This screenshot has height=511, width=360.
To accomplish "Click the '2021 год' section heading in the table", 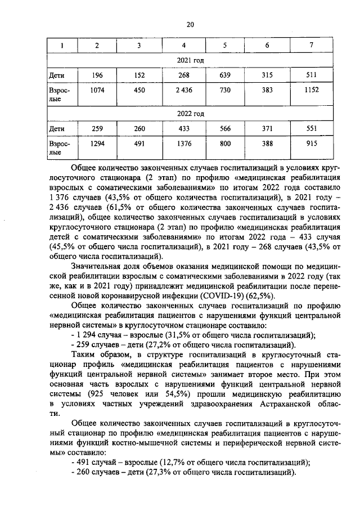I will click(x=190, y=60).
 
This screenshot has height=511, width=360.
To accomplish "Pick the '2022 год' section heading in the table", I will click(x=190, y=114).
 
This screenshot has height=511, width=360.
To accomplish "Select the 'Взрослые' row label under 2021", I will click(x=58, y=94).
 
